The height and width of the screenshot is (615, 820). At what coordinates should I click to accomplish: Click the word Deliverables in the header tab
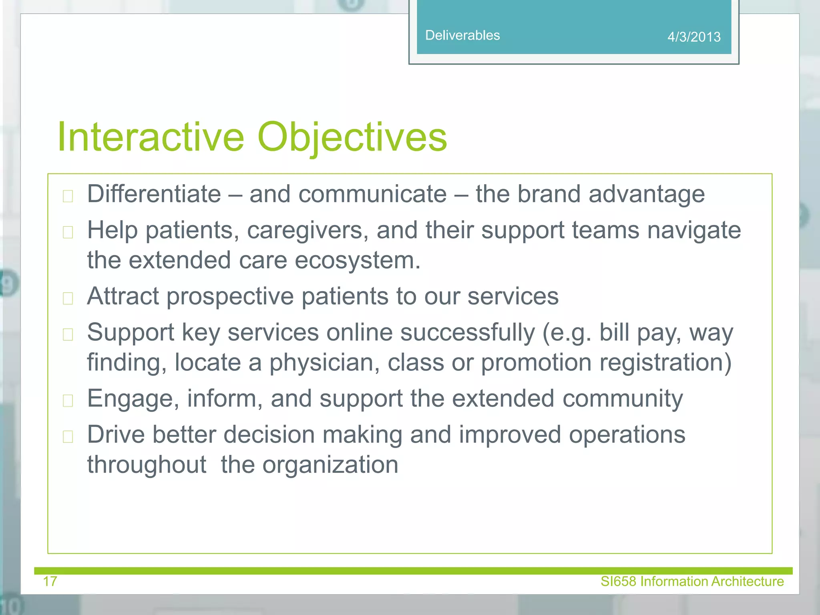(462, 35)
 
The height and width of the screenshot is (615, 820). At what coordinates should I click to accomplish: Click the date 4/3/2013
(694, 37)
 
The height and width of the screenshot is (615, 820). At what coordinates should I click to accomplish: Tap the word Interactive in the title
(151, 137)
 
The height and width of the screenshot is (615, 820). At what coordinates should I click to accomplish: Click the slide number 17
(50, 581)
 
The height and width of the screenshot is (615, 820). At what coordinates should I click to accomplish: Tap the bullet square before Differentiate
(68, 196)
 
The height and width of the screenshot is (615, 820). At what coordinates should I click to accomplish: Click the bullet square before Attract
(68, 298)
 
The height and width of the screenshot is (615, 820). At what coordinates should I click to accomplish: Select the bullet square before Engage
(68, 400)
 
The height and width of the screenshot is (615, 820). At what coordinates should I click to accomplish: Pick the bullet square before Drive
(68, 436)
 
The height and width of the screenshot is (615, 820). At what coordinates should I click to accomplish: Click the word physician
(324, 362)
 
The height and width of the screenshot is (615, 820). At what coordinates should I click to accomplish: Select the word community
(623, 399)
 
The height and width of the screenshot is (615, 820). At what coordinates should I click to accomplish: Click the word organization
(330, 465)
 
